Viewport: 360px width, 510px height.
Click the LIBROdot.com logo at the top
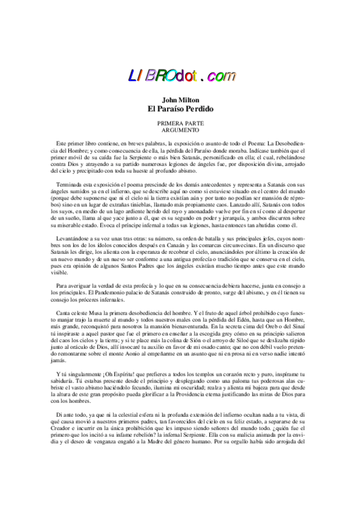[180, 75]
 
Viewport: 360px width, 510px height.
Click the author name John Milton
[180, 100]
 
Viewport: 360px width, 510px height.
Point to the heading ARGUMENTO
[180, 129]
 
